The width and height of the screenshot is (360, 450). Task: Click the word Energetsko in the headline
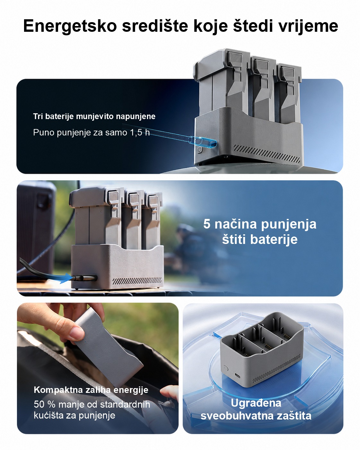click(70, 26)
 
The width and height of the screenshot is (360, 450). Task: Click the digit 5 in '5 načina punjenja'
click(207, 224)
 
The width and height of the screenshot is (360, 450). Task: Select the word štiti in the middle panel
click(234, 239)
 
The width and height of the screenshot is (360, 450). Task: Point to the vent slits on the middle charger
click(137, 281)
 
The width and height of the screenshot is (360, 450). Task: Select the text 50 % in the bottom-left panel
click(45, 404)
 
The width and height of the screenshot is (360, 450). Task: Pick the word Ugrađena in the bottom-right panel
click(256, 403)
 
